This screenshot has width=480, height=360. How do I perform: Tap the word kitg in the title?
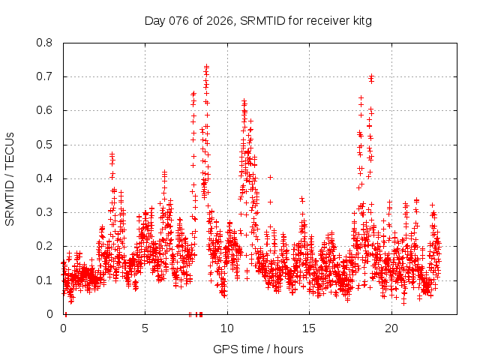click(360, 21)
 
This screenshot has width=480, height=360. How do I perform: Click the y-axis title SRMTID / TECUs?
click(10, 178)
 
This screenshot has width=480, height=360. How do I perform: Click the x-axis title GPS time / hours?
click(258, 349)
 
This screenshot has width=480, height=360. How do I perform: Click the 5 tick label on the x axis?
click(145, 328)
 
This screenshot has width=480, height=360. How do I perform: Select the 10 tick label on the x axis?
click(227, 328)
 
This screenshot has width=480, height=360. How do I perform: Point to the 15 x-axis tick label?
click(309, 328)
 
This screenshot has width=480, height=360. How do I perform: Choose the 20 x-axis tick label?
click(391, 328)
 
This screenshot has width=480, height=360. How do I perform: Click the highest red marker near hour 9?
click(206, 66)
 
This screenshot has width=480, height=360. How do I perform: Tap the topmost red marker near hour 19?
click(371, 76)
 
